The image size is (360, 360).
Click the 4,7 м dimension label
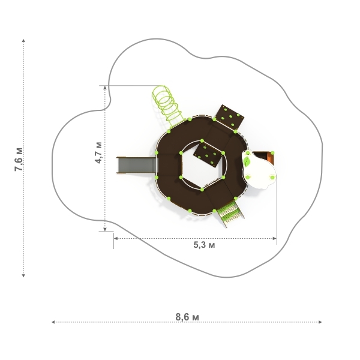pos(98,152)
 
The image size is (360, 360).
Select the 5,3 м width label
pos(205,245)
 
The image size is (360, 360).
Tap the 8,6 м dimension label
pos(187,317)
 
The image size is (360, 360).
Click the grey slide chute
pos(137,165)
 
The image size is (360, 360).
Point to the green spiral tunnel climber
pos(167,106)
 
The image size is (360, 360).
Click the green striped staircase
pos(230,213)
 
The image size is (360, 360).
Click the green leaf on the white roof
pos(247,161)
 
